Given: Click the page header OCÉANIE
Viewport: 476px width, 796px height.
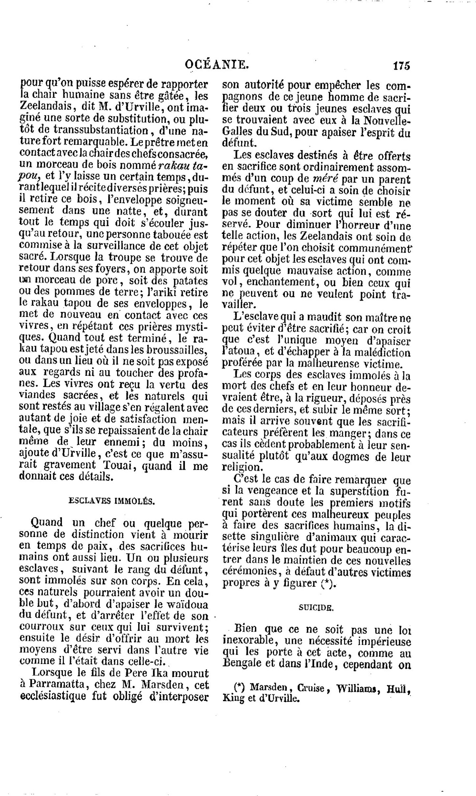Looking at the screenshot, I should point(216,64).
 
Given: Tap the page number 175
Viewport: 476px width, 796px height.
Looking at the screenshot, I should point(402,66).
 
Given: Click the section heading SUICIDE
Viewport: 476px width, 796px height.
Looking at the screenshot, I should point(316,608).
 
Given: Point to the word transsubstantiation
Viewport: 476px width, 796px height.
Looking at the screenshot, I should point(94,130).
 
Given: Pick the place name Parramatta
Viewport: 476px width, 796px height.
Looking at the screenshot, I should point(56,685).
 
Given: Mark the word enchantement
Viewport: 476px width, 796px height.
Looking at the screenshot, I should point(273,282).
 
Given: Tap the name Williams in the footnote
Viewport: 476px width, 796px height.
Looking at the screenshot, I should point(357,688).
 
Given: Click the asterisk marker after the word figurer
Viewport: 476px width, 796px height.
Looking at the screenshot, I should point(326,584).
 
